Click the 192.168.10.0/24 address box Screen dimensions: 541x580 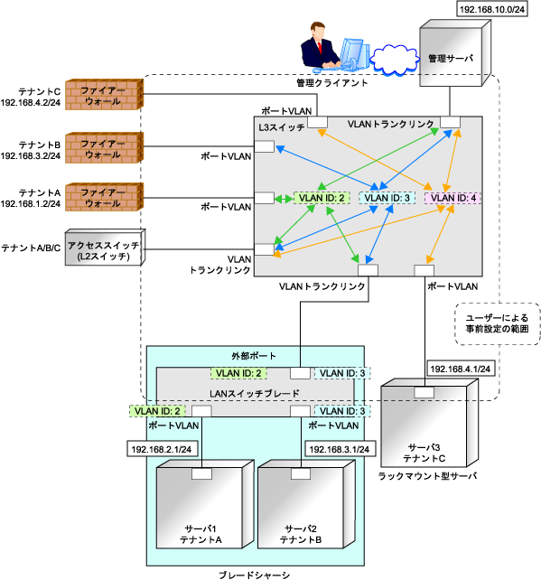click(492, 9)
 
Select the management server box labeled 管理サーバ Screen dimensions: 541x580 click(455, 53)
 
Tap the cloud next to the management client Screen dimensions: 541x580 click(395, 60)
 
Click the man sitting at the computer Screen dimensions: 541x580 click(321, 46)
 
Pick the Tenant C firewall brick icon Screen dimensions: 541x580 click(104, 94)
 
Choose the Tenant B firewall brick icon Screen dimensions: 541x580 click(104, 147)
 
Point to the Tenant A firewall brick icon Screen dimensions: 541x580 click(104, 197)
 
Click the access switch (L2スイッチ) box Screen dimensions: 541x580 click(105, 248)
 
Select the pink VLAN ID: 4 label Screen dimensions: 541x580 click(452, 198)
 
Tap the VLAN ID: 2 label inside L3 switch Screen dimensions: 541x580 click(322, 198)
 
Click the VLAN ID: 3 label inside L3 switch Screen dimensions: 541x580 click(387, 198)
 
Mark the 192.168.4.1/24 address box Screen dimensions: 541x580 click(461, 369)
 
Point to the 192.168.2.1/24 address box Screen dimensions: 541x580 click(162, 449)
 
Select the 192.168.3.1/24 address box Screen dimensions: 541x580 click(340, 449)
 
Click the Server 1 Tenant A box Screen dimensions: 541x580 click(205, 504)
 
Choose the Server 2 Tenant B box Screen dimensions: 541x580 click(306, 504)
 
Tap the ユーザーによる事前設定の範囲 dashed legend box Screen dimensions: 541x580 click(498, 323)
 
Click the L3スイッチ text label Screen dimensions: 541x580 click(282, 127)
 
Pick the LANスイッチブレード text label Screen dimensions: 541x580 click(255, 394)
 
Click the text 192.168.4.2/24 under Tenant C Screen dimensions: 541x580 click(31, 102)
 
